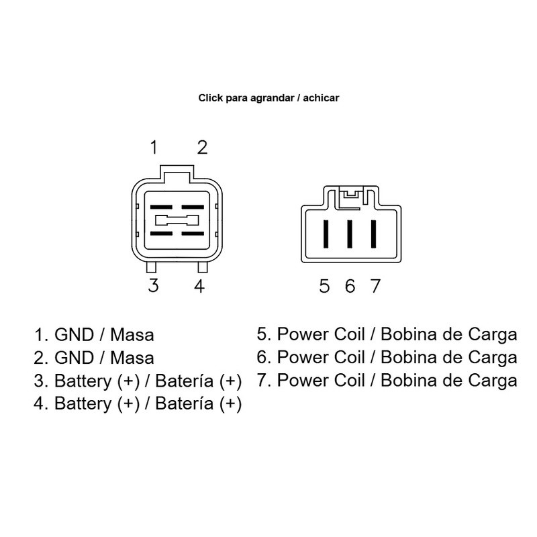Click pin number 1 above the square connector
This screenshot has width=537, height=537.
(x=154, y=147)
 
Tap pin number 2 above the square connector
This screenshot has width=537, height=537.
(x=201, y=147)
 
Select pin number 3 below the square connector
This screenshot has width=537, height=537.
(x=154, y=285)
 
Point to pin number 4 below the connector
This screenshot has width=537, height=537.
(x=199, y=285)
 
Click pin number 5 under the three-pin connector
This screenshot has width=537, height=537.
(x=325, y=287)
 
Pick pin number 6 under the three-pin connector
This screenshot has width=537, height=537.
(x=350, y=287)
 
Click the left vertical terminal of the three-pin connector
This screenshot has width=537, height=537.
(x=326, y=234)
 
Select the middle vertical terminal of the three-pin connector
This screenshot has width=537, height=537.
(x=350, y=234)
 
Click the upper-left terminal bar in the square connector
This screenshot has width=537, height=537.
(x=160, y=207)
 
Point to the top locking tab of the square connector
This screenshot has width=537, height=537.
(x=177, y=173)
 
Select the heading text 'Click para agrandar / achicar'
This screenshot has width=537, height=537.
(x=268, y=98)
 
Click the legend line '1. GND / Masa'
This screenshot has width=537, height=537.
(x=94, y=334)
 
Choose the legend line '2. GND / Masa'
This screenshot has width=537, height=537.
(x=94, y=357)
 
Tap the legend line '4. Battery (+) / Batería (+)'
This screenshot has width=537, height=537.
(x=138, y=404)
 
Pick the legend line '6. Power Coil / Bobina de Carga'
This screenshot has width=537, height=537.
(x=387, y=357)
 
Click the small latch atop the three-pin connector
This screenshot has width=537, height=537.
(x=349, y=195)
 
